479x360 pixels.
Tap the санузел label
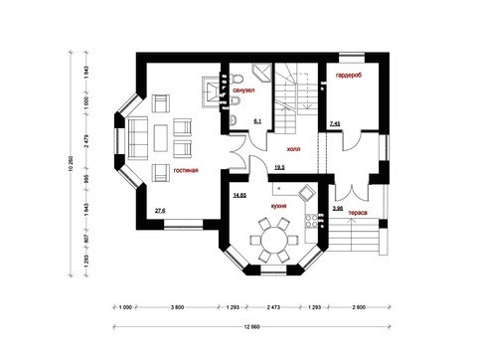244,90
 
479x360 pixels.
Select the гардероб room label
349,77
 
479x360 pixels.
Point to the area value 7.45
335,122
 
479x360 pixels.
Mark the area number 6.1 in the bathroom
257,120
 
